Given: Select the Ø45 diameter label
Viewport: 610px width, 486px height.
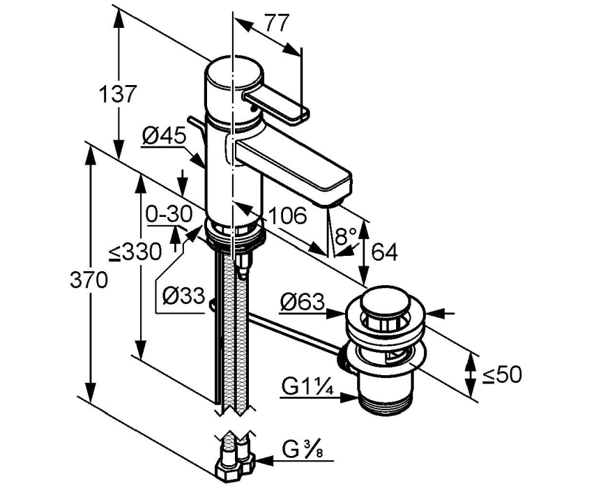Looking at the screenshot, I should (164, 137).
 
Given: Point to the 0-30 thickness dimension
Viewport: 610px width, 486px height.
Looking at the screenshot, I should (168, 215).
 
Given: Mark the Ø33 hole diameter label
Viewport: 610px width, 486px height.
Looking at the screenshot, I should (181, 296).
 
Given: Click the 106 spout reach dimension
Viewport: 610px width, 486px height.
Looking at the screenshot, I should (287, 216).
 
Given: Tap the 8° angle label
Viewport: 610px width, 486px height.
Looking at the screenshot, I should (346, 236).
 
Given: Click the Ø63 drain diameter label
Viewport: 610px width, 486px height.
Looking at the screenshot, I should (302, 302).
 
